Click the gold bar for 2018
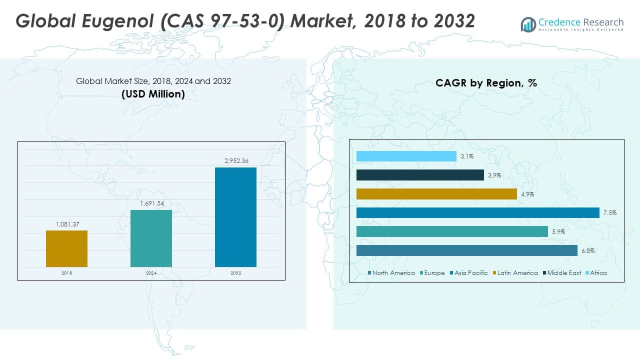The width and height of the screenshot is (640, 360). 66,248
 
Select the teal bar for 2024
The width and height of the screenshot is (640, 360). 151,238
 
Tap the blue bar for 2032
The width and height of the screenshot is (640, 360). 235,217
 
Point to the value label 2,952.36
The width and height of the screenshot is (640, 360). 236,161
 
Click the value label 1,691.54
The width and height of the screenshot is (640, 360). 152,203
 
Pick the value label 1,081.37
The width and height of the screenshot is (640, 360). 67,224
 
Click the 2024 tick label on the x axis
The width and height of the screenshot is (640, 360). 151,273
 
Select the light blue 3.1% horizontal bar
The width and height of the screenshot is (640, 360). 406,156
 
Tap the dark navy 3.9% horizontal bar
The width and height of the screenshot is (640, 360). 420,175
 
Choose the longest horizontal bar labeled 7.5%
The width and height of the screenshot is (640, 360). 477,213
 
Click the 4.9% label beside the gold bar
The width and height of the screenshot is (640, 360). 527,194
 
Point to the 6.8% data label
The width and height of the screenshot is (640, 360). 588,251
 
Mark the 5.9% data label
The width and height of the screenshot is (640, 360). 558,231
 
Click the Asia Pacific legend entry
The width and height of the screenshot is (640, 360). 469,273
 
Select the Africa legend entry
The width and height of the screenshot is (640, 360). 596,273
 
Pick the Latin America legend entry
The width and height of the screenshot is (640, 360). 515,273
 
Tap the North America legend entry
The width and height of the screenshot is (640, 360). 391,273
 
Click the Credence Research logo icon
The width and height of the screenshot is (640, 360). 528,24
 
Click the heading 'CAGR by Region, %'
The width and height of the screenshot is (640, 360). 486,83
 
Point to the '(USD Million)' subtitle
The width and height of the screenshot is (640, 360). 153,94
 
